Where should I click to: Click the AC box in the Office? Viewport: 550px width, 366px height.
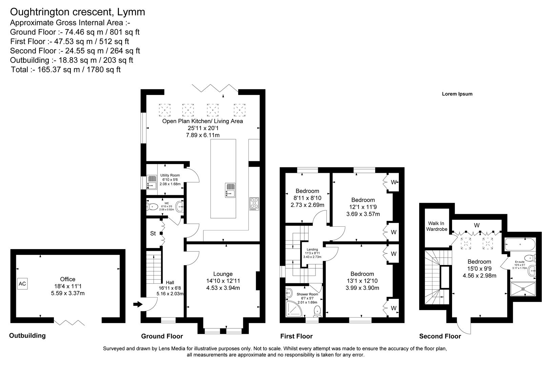[22, 284]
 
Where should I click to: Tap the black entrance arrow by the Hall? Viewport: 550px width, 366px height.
[137, 304]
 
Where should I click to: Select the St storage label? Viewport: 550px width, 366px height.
[153, 233]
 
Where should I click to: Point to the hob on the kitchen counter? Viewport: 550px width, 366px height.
[254, 203]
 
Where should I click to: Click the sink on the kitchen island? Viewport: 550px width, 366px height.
[230, 190]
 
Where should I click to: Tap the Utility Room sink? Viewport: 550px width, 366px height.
[151, 182]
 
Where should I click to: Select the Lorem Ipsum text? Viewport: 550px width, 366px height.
[457, 94]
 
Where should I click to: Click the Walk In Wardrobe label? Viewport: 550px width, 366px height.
[437, 226]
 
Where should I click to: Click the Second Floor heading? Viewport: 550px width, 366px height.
[440, 336]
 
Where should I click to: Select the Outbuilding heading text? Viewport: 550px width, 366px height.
[27, 335]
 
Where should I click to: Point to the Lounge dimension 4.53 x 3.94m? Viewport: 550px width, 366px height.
[223, 288]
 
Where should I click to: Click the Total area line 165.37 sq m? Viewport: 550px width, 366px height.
[66, 70]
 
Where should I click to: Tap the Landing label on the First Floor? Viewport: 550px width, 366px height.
[312, 249]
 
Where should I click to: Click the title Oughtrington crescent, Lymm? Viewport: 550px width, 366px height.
[78, 12]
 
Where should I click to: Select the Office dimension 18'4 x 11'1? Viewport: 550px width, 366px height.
[67, 286]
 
